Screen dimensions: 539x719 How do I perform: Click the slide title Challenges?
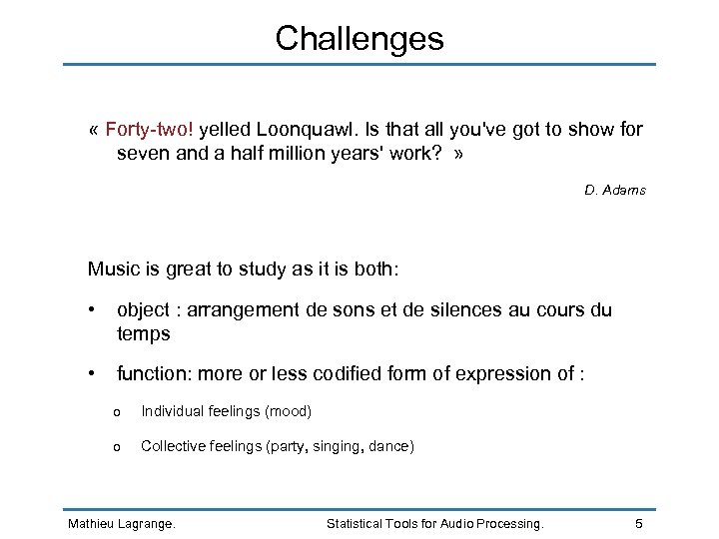coord(359,39)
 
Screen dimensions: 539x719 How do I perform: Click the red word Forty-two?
coord(152,130)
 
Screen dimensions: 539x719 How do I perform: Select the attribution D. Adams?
coord(615,190)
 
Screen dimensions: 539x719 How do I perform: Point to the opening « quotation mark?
coord(93,131)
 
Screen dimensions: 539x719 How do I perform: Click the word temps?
coord(143,334)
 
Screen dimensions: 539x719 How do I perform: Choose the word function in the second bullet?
coord(154,374)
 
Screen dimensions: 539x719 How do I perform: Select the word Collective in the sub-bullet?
coord(173,446)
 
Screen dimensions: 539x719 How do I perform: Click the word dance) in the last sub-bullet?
coord(391,446)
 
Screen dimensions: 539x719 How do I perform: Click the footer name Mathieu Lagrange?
coord(120,523)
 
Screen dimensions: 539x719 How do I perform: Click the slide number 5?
coord(640,523)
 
